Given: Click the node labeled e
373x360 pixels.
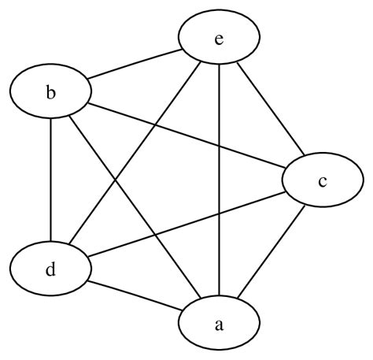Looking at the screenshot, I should tap(219, 38).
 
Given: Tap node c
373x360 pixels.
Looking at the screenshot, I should tap(322, 182).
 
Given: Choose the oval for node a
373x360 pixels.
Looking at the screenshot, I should tap(219, 323).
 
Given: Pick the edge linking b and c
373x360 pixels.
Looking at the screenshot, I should tap(185, 137).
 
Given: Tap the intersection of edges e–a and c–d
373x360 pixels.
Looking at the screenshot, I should tap(219, 214).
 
